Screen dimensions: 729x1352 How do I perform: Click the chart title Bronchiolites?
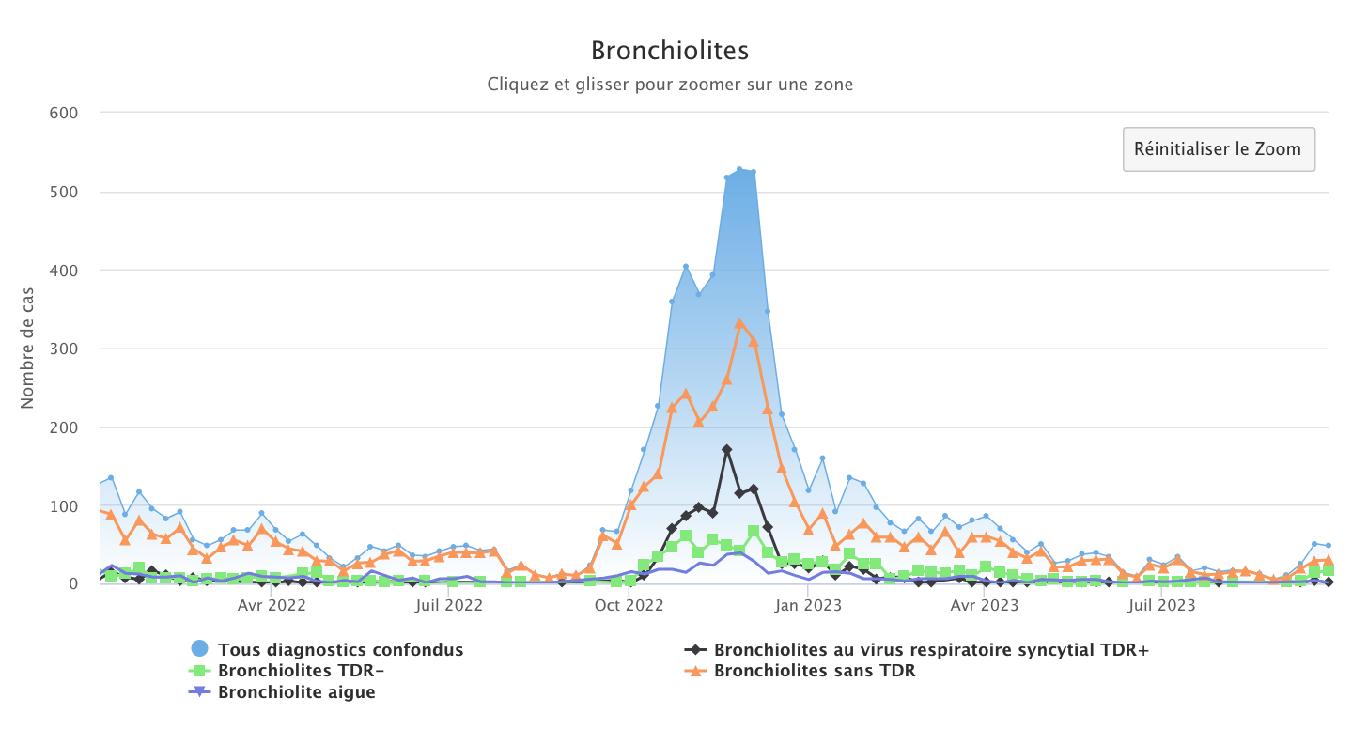[669, 50]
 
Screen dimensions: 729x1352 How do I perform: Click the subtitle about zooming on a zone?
[669, 85]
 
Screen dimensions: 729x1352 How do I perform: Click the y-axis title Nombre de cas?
[27, 348]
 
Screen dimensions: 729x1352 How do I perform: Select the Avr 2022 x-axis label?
[272, 606]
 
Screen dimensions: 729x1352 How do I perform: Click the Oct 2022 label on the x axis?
[629, 606]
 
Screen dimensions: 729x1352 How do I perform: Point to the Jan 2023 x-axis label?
[809, 606]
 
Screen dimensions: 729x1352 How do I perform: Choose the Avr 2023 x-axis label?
[984, 606]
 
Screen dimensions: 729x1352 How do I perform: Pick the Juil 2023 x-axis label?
[1161, 606]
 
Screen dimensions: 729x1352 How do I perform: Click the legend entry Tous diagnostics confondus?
[340, 649]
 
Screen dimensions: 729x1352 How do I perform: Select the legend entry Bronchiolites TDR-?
[301, 671]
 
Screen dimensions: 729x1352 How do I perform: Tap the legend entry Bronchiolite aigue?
[296, 692]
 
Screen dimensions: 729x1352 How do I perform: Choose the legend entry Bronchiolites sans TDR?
[814, 671]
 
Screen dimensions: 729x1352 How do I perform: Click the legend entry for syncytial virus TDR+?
[931, 649]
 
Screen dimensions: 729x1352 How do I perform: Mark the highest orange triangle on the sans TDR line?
[739, 323]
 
